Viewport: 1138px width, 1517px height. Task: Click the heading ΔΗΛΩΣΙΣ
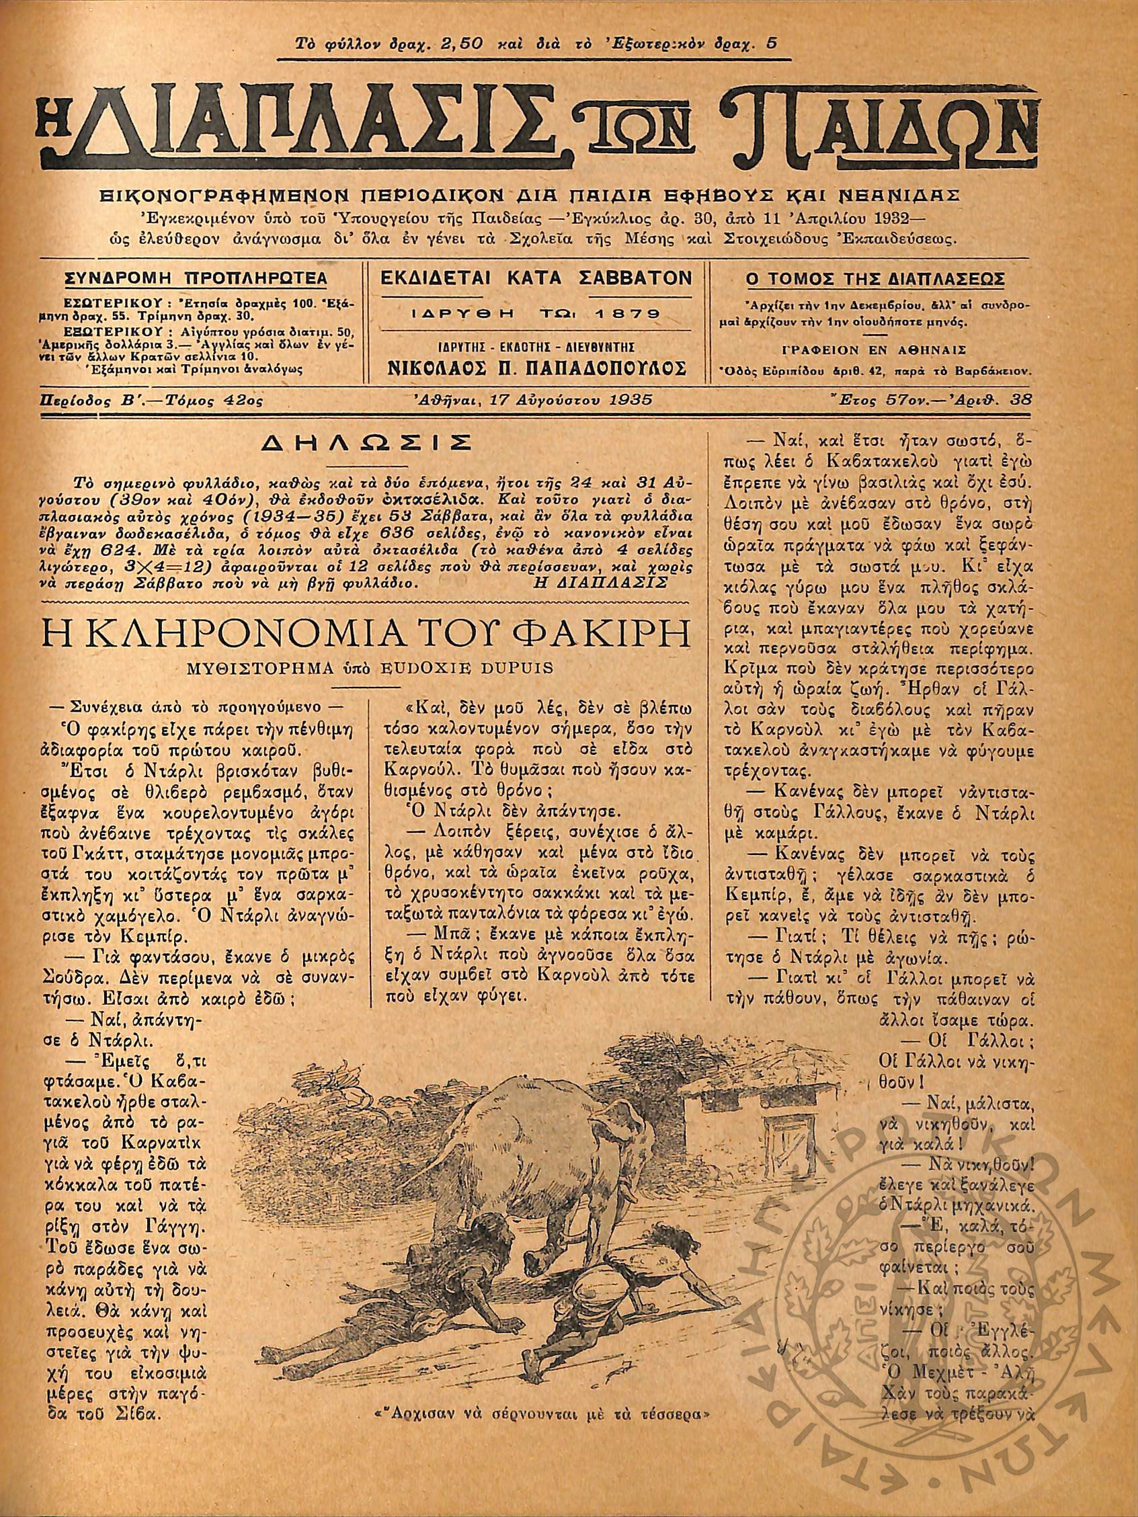[x=362, y=441]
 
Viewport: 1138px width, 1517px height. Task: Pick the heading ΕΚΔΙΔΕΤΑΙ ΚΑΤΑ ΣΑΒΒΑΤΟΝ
[x=536, y=278]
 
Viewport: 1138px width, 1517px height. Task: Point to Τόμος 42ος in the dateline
[x=208, y=401]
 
